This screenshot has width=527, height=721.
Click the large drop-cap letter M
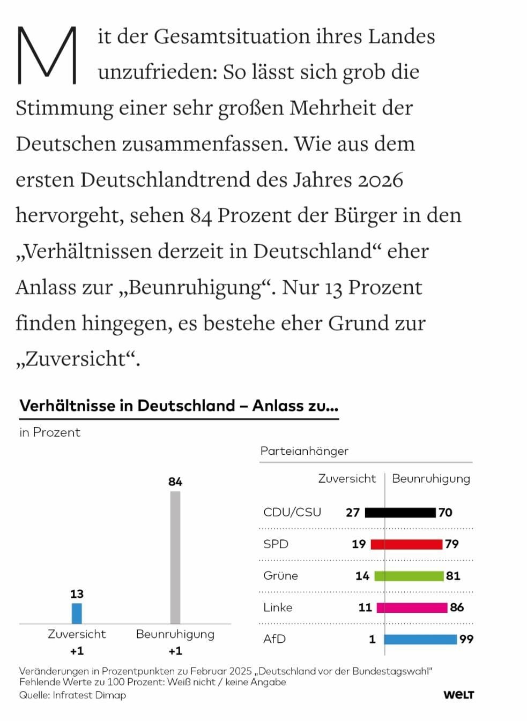click(x=47, y=55)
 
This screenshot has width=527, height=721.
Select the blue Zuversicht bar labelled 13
click(x=77, y=613)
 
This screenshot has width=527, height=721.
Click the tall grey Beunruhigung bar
click(x=175, y=557)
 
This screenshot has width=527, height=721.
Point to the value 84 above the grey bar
click(x=175, y=482)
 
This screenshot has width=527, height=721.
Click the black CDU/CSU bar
click(x=400, y=513)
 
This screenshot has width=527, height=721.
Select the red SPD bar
click(x=406, y=544)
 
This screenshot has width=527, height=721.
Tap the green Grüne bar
click(x=409, y=576)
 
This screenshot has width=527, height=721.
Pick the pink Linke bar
click(x=412, y=607)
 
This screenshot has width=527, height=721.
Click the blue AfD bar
click(x=420, y=639)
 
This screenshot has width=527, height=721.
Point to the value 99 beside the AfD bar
click(x=466, y=639)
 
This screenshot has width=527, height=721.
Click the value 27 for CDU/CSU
click(x=352, y=513)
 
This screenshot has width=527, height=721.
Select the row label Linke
click(x=278, y=607)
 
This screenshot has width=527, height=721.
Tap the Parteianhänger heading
click(x=304, y=451)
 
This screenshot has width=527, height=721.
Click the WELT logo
click(x=458, y=695)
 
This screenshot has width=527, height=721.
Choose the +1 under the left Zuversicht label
click(x=77, y=651)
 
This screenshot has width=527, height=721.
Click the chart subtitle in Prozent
click(x=50, y=432)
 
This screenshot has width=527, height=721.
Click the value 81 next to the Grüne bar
click(x=453, y=576)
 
